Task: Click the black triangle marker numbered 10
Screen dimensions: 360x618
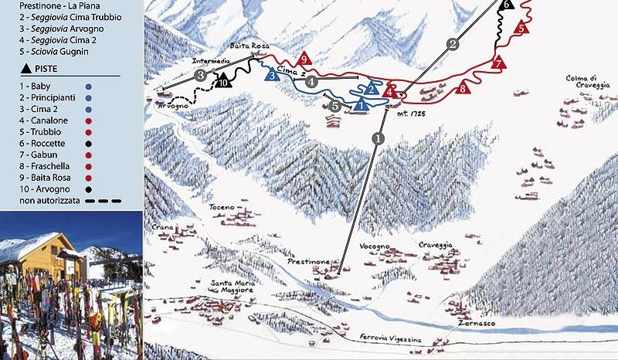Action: tap(224, 80)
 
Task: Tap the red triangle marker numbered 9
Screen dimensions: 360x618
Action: tap(304, 59)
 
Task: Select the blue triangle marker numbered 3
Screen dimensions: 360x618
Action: tap(272, 76)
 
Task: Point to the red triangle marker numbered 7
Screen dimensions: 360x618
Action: tap(498, 62)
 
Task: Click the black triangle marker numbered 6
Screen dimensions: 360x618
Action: tap(506, 4)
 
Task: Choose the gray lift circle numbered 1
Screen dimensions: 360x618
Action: tap(378, 138)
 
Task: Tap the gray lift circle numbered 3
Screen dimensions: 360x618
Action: tap(201, 75)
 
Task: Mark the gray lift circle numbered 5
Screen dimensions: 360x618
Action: tap(334, 104)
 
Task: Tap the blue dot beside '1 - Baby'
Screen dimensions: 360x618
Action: tap(90, 87)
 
